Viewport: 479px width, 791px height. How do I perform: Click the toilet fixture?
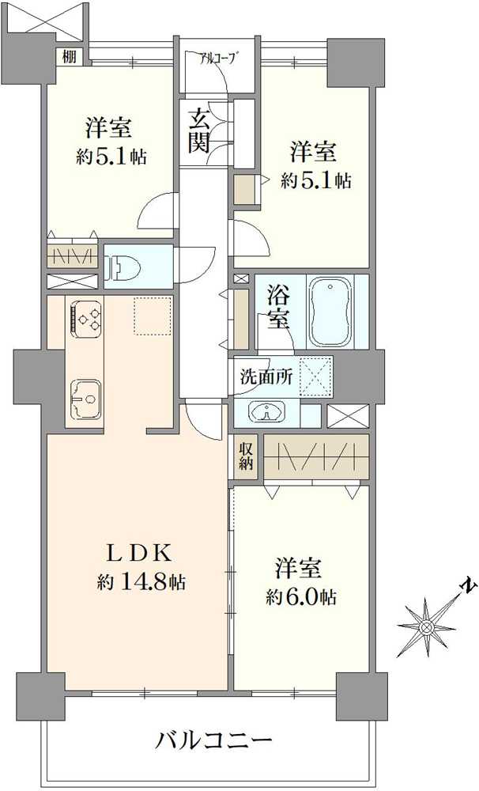pos(122,266)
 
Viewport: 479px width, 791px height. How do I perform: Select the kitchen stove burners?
pos(85,317)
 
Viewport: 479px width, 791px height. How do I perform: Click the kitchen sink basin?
pos(85,399)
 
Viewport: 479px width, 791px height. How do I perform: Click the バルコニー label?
pos(213,741)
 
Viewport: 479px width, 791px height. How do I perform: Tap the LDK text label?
pos(141,554)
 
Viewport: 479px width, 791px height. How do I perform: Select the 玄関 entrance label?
pos(200,131)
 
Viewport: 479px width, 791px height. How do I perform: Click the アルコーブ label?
pos(218,59)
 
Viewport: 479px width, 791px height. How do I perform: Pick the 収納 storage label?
pos(246,456)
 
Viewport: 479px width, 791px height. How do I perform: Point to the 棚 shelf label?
pos(70,56)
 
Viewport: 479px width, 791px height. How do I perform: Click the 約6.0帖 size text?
pos(301,597)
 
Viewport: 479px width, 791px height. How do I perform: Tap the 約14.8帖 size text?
pos(141,583)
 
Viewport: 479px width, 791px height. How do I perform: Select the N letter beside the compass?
pos(470,585)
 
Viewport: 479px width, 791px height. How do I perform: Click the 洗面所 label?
pos(266,377)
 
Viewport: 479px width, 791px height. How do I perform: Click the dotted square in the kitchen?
pos(153,316)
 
